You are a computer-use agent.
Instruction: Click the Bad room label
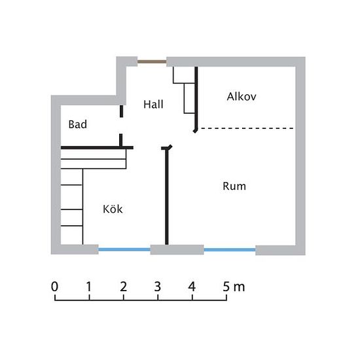78,124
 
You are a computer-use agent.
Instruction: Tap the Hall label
153,105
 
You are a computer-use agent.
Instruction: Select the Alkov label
242,96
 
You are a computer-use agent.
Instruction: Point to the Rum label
234,186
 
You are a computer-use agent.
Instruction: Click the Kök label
113,209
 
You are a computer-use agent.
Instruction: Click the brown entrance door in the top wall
152,62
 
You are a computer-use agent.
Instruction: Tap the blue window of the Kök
124,249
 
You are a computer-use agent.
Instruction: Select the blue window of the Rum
230,249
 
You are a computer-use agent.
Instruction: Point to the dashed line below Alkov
247,128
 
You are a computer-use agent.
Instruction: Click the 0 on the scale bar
54,287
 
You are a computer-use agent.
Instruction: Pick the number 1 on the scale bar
89,287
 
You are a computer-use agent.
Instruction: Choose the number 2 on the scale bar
123,287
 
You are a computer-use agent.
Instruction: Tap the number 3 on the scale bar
158,287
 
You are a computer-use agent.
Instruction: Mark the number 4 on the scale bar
192,287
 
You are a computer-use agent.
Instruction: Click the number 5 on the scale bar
226,287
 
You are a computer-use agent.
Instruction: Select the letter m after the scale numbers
239,288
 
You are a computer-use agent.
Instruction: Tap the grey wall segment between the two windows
177,249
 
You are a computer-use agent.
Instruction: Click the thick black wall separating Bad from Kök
97,148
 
